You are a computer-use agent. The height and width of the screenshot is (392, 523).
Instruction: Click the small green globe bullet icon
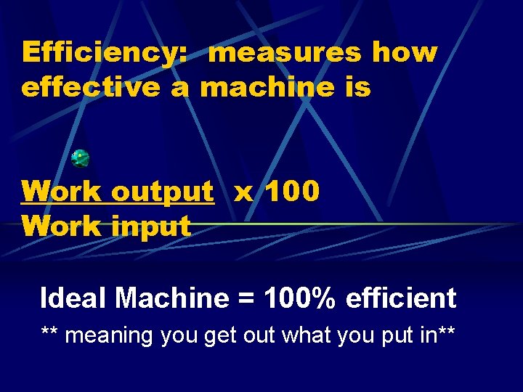point(80,158)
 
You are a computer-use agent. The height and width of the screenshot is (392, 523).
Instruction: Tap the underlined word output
point(163,192)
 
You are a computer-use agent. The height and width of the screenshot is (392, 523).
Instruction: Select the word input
point(150,226)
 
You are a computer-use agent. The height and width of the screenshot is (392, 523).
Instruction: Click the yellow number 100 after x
point(291,192)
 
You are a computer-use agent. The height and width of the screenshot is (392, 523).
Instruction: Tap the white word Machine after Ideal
point(171,298)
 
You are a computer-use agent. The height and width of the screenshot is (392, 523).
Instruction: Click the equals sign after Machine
point(247,299)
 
